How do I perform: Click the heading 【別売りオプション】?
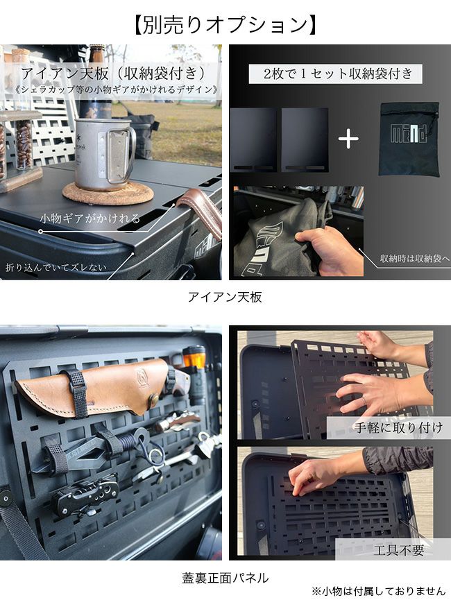click(x=225, y=25)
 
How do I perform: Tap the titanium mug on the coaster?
click(x=104, y=154)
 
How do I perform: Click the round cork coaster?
click(x=108, y=193)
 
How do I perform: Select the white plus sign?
click(x=348, y=139)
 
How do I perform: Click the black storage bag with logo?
click(x=409, y=139)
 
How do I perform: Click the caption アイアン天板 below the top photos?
click(x=225, y=297)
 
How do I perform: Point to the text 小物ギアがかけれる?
click(x=90, y=218)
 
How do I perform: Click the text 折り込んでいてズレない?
click(x=56, y=267)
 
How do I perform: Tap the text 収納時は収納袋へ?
click(x=415, y=259)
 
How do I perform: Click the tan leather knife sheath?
click(x=92, y=387)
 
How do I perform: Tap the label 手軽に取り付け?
click(x=398, y=427)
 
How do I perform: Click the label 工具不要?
click(x=399, y=550)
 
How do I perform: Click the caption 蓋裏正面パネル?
click(x=225, y=578)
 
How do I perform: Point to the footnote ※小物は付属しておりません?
click(x=378, y=591)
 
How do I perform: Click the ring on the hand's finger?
click(x=365, y=400)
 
